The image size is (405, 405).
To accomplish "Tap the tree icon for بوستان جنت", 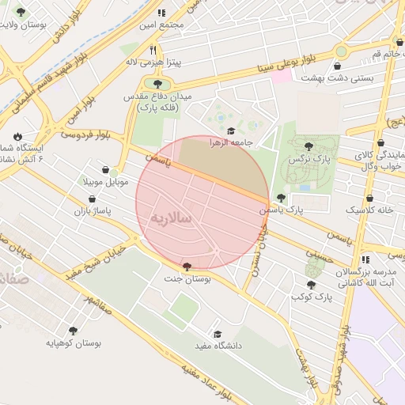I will point(186,267).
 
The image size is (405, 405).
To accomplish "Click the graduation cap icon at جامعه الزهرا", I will point(231,131).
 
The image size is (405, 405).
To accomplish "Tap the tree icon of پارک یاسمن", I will point(280,198).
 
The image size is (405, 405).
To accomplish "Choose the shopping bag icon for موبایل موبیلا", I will point(105,168).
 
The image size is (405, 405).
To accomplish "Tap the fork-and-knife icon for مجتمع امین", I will point(161,13).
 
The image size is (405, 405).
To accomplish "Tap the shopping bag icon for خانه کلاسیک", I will point(369,198).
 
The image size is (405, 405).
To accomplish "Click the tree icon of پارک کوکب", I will point(311,284).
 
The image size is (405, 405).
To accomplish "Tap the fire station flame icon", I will point(17,135).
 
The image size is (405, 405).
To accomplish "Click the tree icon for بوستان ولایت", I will point(21,12).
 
